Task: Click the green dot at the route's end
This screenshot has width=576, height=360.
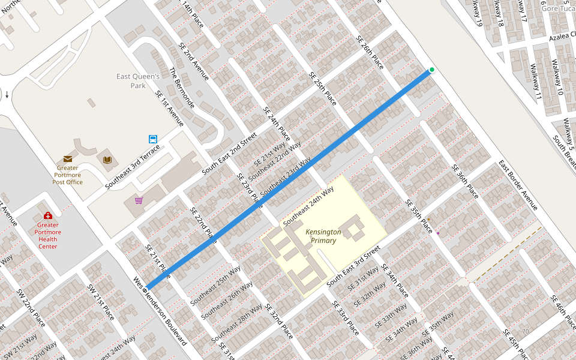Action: (x=431, y=70)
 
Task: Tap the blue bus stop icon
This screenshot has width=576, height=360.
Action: (x=153, y=139)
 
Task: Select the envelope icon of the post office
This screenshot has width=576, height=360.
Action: (x=68, y=158)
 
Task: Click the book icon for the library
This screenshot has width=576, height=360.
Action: (x=107, y=160)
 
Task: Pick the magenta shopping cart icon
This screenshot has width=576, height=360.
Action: (x=139, y=200)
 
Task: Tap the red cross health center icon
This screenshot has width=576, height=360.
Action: (x=48, y=215)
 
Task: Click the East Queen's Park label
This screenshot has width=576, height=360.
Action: (x=138, y=81)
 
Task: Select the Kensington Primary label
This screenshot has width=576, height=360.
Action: (x=323, y=236)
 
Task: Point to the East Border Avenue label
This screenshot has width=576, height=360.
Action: (x=518, y=185)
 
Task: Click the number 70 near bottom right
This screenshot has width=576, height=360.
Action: (x=526, y=332)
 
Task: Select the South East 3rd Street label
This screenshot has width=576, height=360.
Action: (x=353, y=265)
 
